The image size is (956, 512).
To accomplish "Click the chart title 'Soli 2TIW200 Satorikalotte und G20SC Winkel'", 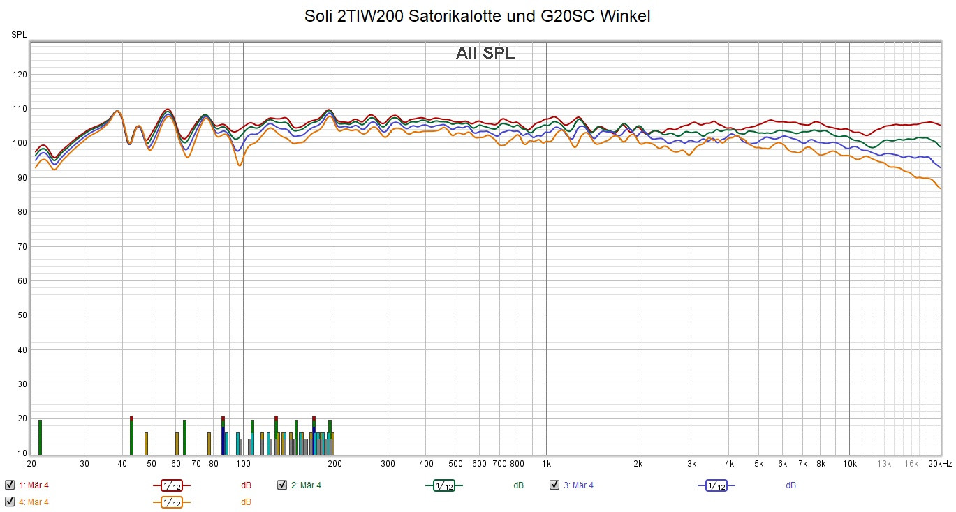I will pyautogui.click(x=477, y=16).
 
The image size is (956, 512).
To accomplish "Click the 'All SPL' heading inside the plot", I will pyautogui.click(x=485, y=53).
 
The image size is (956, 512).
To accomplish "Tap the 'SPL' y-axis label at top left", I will pyautogui.click(x=19, y=35).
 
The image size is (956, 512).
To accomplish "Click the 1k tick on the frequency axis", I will pyautogui.click(x=546, y=464).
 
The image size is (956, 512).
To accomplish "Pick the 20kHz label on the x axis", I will pyautogui.click(x=940, y=464).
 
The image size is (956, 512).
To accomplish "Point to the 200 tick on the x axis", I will pyautogui.click(x=334, y=464).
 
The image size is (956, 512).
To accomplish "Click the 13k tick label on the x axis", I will pyautogui.click(x=884, y=464).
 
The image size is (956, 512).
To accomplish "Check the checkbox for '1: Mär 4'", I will pyautogui.click(x=10, y=485).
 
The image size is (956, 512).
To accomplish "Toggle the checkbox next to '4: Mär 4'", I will pyautogui.click(x=10, y=502).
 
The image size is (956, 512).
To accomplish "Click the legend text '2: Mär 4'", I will pyautogui.click(x=306, y=485).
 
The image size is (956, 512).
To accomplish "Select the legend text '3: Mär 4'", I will pyautogui.click(x=578, y=485).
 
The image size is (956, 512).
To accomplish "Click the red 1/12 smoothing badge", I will pyautogui.click(x=171, y=485).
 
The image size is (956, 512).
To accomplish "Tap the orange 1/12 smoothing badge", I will pyautogui.click(x=171, y=502).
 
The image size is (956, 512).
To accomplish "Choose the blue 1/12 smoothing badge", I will pyautogui.click(x=716, y=485).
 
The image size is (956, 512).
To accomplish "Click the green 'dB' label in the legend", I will pyautogui.click(x=519, y=485).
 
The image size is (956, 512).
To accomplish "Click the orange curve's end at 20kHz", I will pyautogui.click(x=940, y=188).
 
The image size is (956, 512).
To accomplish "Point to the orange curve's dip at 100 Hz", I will pyautogui.click(x=240, y=165).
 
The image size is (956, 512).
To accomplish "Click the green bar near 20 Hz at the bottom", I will pyautogui.click(x=40, y=437).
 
